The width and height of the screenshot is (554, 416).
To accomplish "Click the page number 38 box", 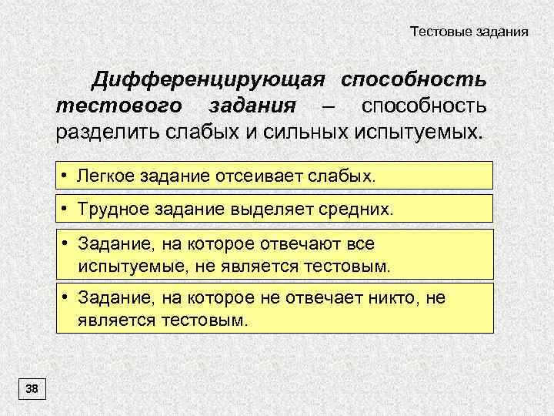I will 32,388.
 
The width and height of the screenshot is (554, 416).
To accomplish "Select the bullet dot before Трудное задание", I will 67,208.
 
